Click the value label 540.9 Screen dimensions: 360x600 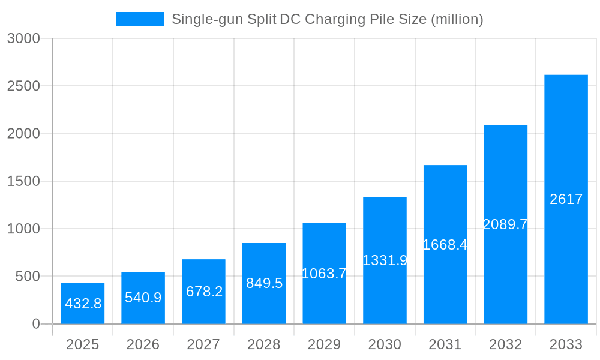[x=143, y=298]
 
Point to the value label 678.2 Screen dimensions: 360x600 [x=204, y=292]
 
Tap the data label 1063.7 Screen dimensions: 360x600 [x=324, y=274]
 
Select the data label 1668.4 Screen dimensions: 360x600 [x=445, y=245]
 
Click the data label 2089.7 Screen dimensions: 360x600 [x=505, y=224]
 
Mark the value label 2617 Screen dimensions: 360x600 [x=566, y=199]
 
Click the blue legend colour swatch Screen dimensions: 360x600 [x=140, y=19]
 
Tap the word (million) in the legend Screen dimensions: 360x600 [x=457, y=19]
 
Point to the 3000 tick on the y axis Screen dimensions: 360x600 [x=23, y=38]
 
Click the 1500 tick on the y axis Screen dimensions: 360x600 [x=23, y=181]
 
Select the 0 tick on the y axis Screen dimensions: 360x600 [x=35, y=324]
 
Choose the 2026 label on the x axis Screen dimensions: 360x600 [x=143, y=344]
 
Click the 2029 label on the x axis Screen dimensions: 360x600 [x=324, y=344]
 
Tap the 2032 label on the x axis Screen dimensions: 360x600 [x=505, y=344]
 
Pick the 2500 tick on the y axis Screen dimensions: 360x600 [x=23, y=86]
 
